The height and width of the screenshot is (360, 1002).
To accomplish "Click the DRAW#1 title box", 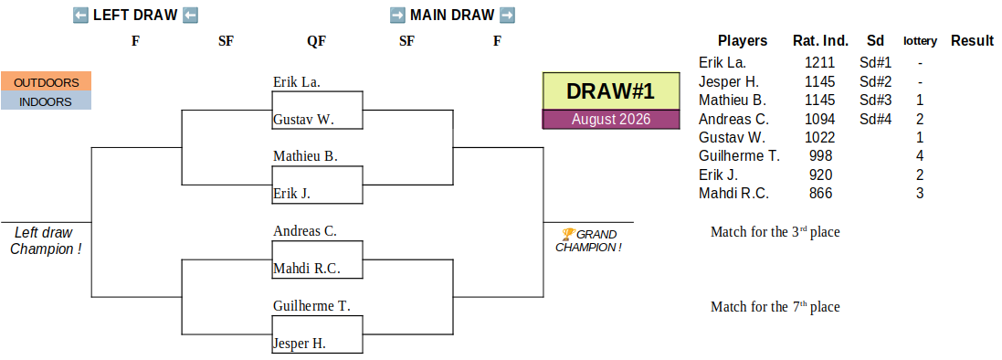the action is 611,90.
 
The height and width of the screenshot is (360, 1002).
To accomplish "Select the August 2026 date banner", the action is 611,120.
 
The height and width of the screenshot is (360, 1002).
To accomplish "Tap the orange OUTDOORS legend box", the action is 46,82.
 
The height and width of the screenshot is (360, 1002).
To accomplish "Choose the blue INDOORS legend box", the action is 46,101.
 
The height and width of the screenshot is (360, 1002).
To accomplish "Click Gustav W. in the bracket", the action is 303,120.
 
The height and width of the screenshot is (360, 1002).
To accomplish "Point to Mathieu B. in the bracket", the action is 305,156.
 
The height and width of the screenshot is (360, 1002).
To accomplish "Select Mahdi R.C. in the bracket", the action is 307,269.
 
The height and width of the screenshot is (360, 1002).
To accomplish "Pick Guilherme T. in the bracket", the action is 311,306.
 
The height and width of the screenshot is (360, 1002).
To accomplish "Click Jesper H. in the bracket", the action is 300,344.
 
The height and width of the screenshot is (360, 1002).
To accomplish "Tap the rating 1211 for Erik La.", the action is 820,63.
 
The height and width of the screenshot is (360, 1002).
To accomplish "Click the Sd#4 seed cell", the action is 875,119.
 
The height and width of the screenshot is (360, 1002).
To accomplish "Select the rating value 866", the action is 820,193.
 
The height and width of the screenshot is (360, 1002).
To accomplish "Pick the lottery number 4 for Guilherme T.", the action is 920,156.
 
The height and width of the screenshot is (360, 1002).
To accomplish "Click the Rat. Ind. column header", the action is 820,41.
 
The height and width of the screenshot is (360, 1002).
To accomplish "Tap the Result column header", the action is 972,41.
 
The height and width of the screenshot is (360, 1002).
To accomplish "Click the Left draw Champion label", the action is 46,241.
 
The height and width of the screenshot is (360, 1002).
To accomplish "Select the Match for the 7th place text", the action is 775,307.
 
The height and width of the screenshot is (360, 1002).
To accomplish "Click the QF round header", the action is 316,41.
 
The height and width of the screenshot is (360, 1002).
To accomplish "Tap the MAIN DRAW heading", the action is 452,15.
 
